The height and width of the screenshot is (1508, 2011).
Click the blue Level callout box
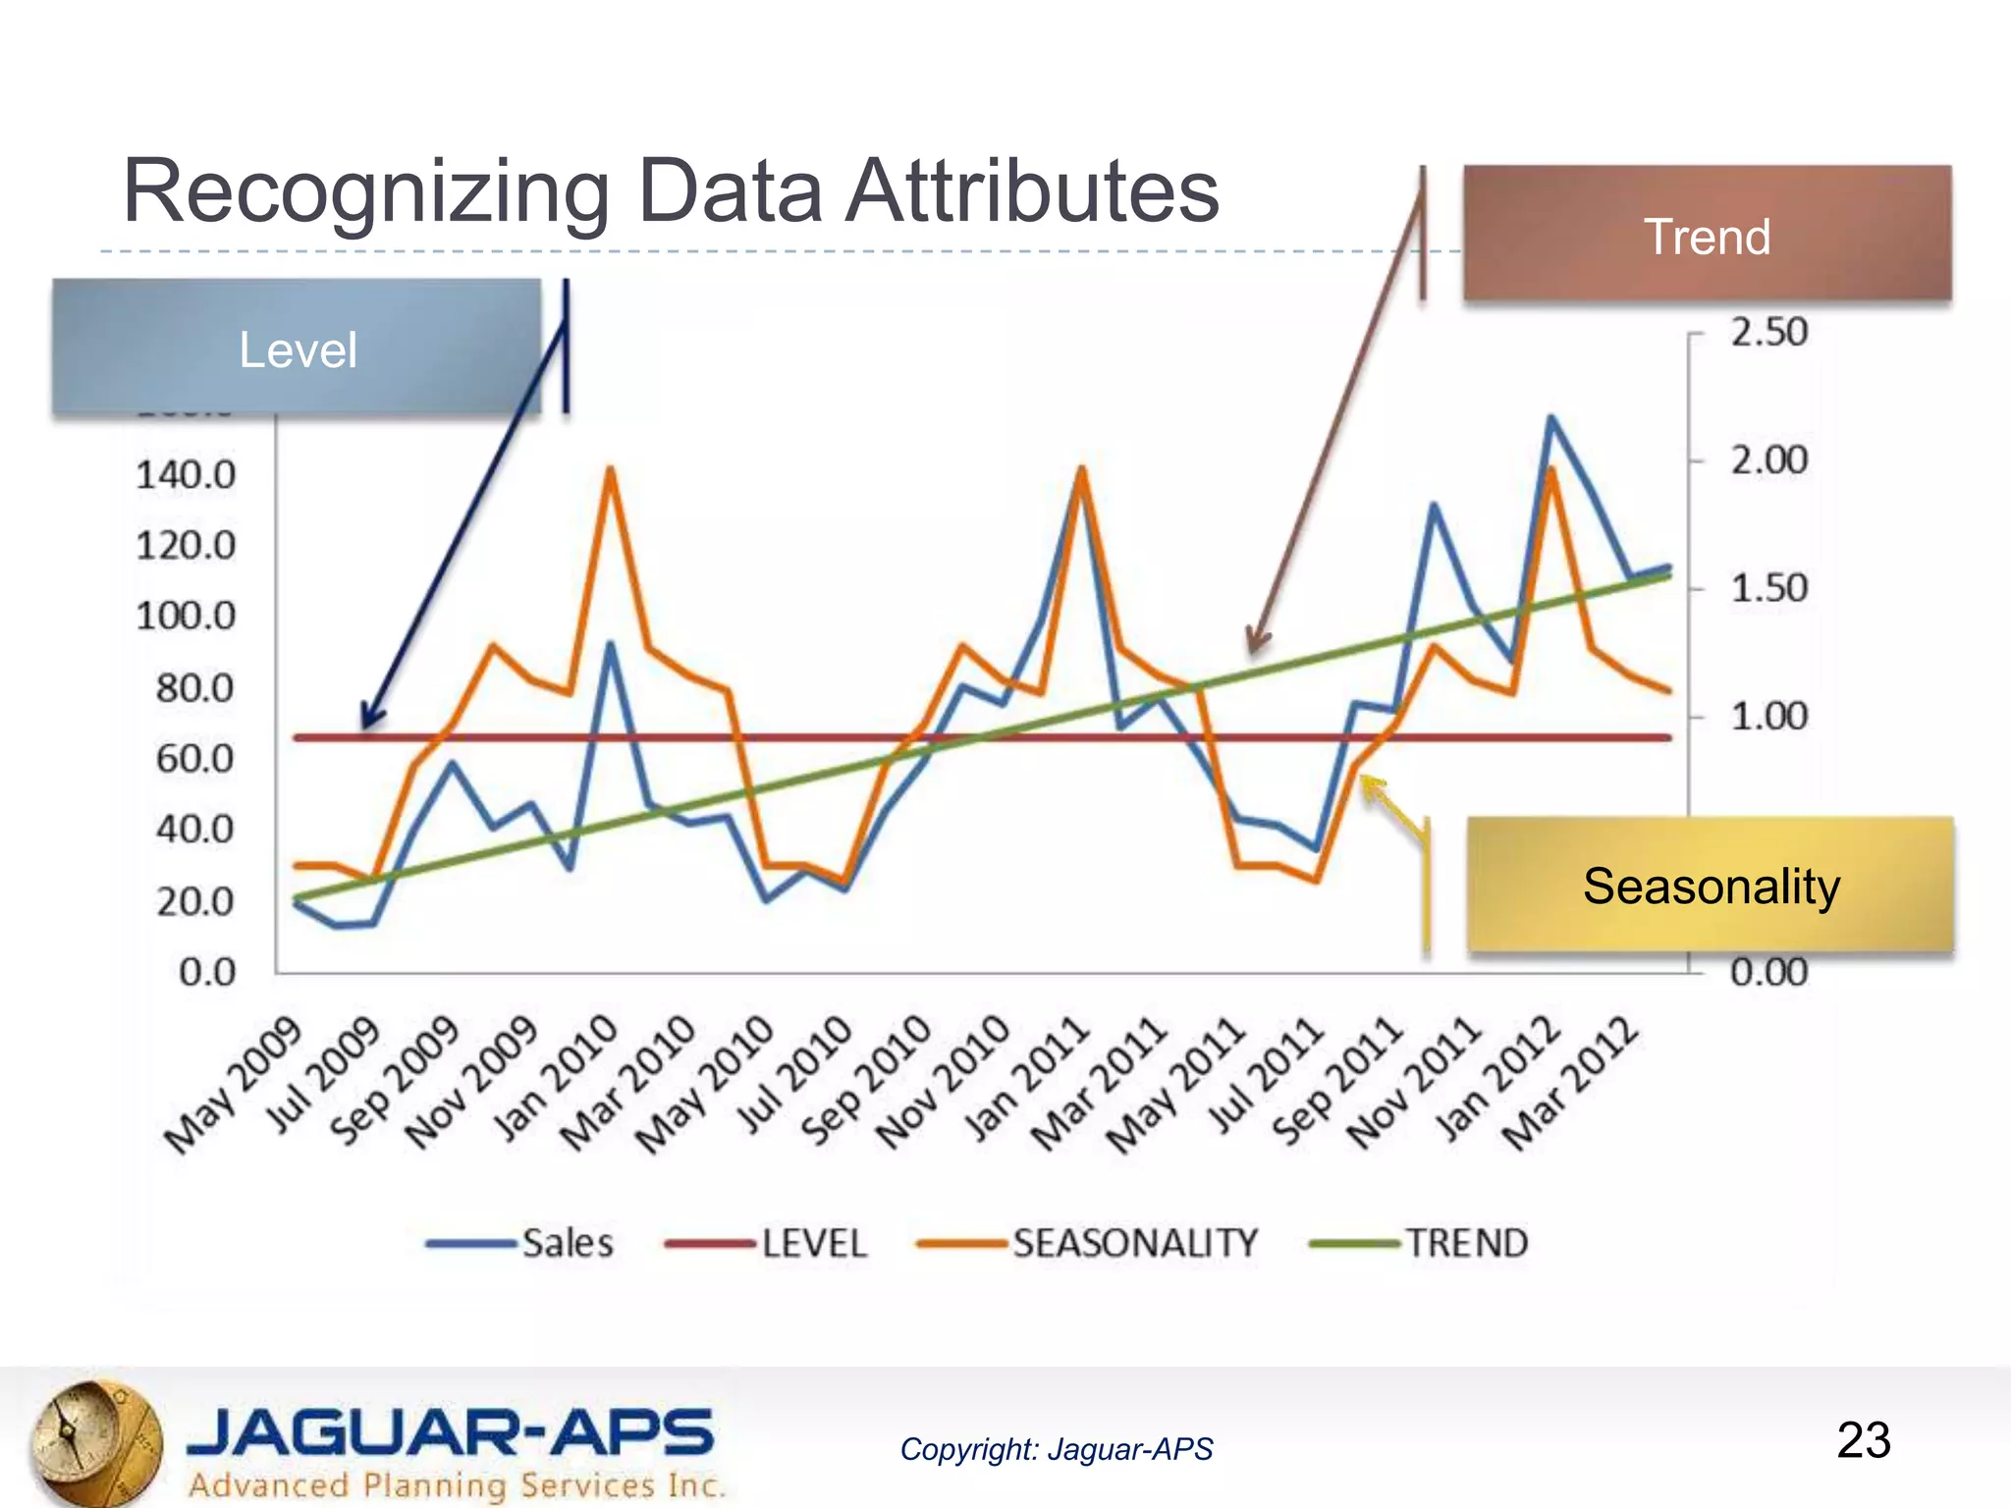pos(297,349)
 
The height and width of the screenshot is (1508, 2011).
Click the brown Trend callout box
pos(1707,235)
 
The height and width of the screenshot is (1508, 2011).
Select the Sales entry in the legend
pos(567,1243)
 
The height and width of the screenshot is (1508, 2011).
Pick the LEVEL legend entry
pos(813,1243)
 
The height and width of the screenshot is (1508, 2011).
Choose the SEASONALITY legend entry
pos(1134,1243)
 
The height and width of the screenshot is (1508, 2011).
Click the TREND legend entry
pos(1467,1243)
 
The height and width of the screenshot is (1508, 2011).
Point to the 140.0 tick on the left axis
pos(186,475)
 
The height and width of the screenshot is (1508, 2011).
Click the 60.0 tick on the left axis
pos(195,759)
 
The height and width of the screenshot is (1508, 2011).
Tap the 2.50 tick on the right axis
pos(1768,332)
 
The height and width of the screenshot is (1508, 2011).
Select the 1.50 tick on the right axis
pos(1768,588)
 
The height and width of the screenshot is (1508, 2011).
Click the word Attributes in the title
pos(1032,190)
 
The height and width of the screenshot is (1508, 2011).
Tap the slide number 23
pos(1863,1440)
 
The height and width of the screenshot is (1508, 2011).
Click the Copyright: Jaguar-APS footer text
pos(1057,1449)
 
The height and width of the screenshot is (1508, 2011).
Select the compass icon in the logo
pos(93,1442)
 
